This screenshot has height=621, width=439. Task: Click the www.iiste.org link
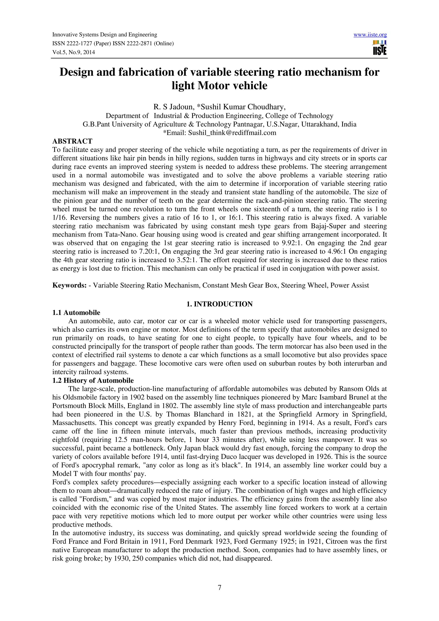click(370, 35)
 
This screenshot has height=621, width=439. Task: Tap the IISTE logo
click(379, 48)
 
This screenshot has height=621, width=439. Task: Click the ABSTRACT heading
click(72, 141)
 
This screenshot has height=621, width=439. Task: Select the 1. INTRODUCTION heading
click(219, 304)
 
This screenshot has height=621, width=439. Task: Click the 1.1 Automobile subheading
click(76, 313)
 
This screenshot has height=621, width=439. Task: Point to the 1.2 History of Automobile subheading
click(93, 381)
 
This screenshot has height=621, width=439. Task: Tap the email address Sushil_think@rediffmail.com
click(232, 133)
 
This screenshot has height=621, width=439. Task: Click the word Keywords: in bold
click(69, 285)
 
